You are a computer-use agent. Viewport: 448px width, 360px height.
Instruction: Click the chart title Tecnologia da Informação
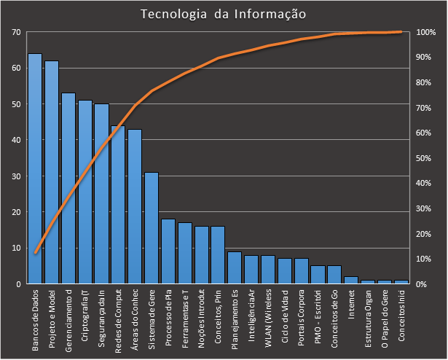[x=223, y=15]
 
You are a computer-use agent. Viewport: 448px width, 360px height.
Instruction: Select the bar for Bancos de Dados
[x=35, y=168]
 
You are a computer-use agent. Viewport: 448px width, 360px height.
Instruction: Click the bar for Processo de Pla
[x=168, y=251]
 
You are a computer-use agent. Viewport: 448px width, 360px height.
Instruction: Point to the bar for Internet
[x=351, y=280]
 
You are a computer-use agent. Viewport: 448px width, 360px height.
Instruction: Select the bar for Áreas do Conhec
[x=135, y=206]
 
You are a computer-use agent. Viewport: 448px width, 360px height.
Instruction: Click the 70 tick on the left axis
[x=16, y=32]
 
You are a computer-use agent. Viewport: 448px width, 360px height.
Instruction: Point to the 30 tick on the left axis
[x=16, y=176]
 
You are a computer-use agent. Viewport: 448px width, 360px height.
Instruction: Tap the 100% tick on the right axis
[x=426, y=33]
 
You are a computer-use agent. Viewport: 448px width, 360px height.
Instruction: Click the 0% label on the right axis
[x=423, y=283]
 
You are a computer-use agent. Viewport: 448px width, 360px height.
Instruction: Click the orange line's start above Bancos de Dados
[x=35, y=253]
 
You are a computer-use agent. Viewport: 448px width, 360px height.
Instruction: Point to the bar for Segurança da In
[x=101, y=194]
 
